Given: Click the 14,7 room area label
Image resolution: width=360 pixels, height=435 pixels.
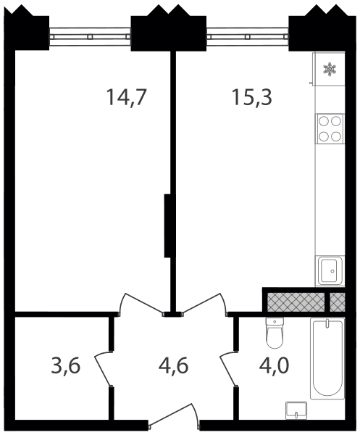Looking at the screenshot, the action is pyautogui.click(x=126, y=97).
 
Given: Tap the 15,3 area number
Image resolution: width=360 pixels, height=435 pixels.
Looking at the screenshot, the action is pyautogui.click(x=252, y=97).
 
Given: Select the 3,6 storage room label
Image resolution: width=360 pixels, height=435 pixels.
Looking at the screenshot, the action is pyautogui.click(x=66, y=365).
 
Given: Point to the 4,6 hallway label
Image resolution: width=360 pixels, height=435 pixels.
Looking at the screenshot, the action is pyautogui.click(x=174, y=365).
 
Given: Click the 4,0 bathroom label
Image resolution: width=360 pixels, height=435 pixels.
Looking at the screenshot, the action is pyautogui.click(x=275, y=365).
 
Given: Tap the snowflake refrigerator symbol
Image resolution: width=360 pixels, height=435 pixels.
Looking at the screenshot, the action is pyautogui.click(x=330, y=70).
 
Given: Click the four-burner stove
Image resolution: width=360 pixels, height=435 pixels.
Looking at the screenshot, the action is pyautogui.click(x=330, y=129).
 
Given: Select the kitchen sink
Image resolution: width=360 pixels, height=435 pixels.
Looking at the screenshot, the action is pyautogui.click(x=330, y=270).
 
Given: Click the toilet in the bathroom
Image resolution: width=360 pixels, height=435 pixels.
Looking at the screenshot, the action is pyautogui.click(x=275, y=333).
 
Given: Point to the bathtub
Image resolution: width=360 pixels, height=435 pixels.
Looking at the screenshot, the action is pyautogui.click(x=327, y=358).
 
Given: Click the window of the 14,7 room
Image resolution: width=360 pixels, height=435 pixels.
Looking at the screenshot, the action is pyautogui.click(x=90, y=36).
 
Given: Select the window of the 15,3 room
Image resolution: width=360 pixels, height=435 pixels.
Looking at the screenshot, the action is pyautogui.click(x=248, y=36).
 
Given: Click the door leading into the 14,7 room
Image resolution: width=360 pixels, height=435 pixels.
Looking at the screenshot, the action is pyautogui.click(x=141, y=304).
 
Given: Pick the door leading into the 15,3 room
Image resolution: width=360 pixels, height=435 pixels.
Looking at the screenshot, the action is pyautogui.click(x=205, y=304).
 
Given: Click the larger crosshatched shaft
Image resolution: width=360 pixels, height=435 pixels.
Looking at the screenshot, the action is pyautogui.click(x=296, y=302).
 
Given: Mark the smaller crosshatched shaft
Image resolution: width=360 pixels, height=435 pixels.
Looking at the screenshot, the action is pyautogui.click(x=338, y=302).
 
